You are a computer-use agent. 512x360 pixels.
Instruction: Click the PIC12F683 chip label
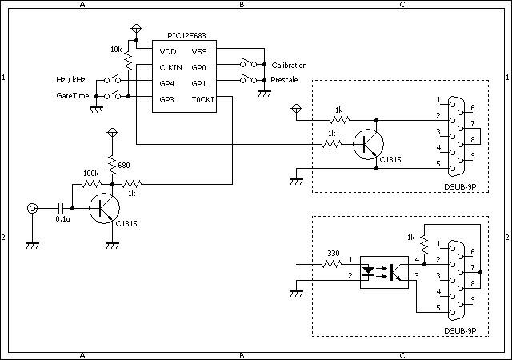coord(186,36)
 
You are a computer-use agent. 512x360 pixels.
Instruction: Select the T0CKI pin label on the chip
coord(202,100)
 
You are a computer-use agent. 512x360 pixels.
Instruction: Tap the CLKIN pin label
coord(170,68)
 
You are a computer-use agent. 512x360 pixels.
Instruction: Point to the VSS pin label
coord(199,52)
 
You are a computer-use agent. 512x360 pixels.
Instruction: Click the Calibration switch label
coord(289,66)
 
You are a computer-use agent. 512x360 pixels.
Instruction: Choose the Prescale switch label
coord(284,80)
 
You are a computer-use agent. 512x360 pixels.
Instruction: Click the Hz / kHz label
coord(70,80)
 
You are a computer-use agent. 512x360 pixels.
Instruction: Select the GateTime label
coord(73,96)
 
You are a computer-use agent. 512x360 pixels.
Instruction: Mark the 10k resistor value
coord(116,50)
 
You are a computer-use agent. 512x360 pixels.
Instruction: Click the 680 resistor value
coord(124,166)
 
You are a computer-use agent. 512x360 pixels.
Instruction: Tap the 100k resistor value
coord(90,173)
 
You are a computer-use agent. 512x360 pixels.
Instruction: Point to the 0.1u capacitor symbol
coord(60,208)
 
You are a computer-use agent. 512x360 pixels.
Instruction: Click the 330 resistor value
coord(334,254)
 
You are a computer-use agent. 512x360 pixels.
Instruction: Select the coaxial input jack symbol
coord(32,208)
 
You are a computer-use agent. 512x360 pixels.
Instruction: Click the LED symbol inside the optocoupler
coord(369,271)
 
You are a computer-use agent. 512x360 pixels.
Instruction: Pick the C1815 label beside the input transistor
coord(126,224)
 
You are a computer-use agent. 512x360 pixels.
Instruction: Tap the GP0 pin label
coord(199,68)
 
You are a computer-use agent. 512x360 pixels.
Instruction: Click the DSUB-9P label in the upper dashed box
coord(460,187)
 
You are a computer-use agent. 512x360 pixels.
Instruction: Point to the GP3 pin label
coord(167,100)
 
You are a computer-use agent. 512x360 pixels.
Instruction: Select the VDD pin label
coord(168,52)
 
